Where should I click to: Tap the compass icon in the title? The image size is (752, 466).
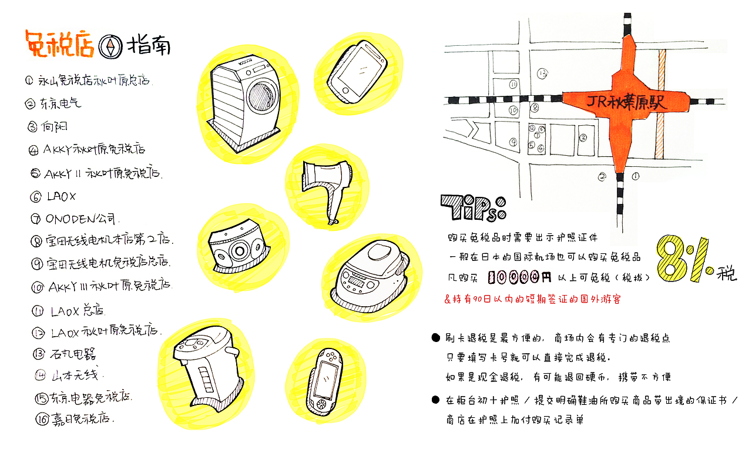click(110, 46)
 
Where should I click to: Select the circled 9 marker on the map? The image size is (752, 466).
click(513, 142)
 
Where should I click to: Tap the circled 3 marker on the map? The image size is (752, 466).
click(583, 138)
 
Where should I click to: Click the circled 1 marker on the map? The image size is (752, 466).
click(636, 176)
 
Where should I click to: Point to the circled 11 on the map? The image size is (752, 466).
click(513, 85)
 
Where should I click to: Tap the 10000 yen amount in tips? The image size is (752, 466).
click(519, 276)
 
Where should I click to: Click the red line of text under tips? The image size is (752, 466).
click(532, 299)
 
